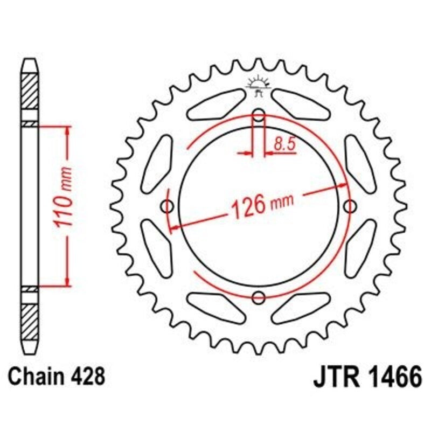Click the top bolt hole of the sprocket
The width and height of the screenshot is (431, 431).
[x=259, y=115]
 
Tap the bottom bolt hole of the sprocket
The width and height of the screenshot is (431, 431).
[x=259, y=297]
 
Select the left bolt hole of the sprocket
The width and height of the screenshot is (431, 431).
[x=168, y=206]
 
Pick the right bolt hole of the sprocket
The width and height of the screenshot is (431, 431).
[x=351, y=206]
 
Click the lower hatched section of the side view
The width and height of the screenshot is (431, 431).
[x=30, y=321]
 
